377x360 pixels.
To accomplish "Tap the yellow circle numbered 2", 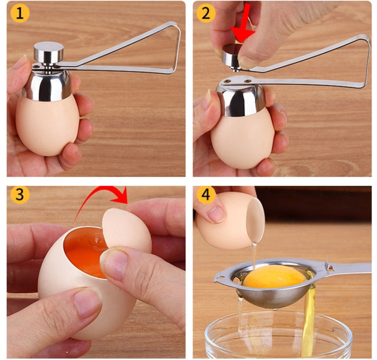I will pyautogui.click(x=205, y=13).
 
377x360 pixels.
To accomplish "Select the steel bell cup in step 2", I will pyautogui.click(x=241, y=98).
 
